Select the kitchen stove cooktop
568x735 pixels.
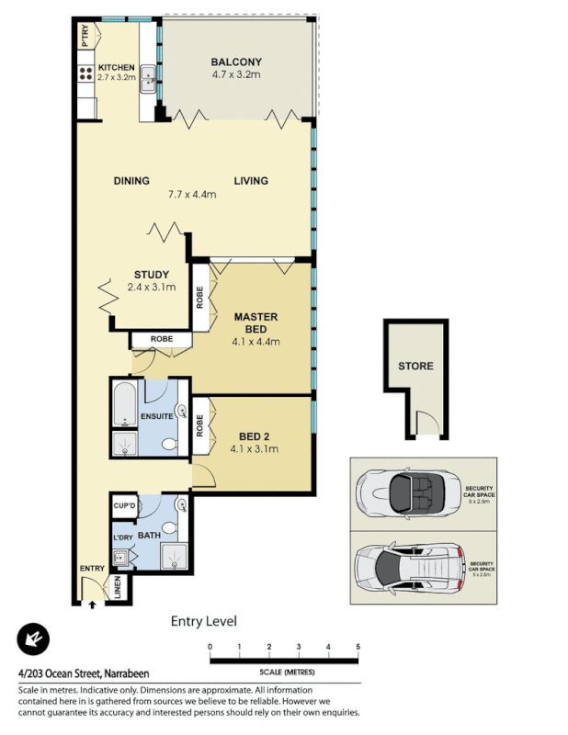click(85, 74)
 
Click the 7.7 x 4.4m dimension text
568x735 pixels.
click(191, 195)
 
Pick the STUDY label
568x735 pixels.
click(150, 275)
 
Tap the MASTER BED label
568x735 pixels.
click(255, 322)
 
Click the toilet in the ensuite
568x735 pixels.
click(167, 445)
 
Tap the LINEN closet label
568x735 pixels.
click(118, 589)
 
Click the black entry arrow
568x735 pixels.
click(92, 604)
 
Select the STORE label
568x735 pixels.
click(415, 367)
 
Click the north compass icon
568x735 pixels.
click(34, 639)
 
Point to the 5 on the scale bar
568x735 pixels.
click(358, 648)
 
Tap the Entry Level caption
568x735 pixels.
click(204, 622)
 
